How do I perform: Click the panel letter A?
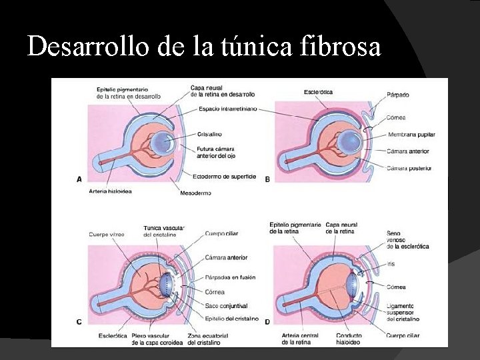pos(79,179)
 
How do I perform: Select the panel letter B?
pos(267,179)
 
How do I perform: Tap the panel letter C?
pos(79,322)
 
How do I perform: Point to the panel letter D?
pos(267,322)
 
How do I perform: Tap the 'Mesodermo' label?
pos(195,193)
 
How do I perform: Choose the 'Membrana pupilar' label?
pos(411,135)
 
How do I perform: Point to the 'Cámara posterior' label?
pos(409,168)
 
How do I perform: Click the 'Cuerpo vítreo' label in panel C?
pos(107,234)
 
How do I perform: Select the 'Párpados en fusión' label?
pos(230,277)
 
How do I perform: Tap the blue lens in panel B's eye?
pos(350,141)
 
